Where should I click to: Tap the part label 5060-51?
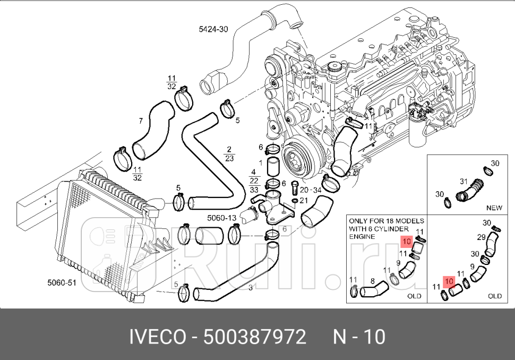click(62, 283)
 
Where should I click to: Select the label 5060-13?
click(221, 218)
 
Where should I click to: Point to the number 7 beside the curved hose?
click(141, 121)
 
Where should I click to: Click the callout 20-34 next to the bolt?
click(311, 190)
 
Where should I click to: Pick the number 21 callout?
click(303, 200)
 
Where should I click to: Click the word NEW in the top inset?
click(494, 208)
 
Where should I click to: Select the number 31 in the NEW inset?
click(462, 181)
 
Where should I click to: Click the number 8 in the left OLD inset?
click(372, 281)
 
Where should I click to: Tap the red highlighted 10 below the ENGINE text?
click(407, 242)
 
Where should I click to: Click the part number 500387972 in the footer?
click(255, 337)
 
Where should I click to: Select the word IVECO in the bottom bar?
click(158, 337)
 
